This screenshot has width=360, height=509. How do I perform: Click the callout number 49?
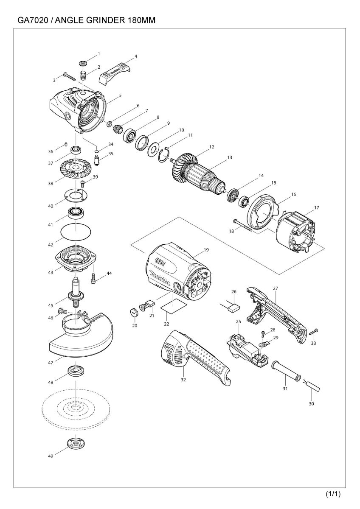51,456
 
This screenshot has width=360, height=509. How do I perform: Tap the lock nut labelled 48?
76,370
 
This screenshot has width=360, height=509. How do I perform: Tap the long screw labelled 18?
243,225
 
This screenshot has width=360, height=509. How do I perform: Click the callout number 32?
183,380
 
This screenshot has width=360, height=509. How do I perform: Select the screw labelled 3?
70,76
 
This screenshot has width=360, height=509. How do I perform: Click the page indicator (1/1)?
333,494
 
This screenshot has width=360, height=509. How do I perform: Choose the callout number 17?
316,208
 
